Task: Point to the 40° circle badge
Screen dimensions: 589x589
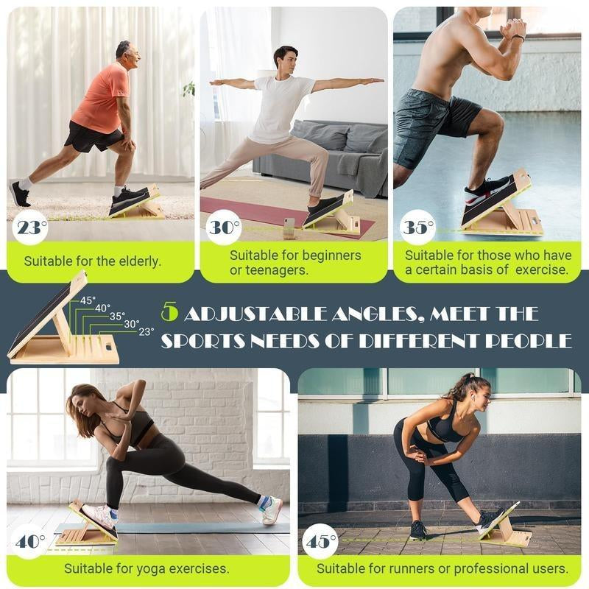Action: (30, 542)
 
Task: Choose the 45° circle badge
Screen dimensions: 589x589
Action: (321, 542)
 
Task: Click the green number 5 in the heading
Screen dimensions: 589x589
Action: (170, 314)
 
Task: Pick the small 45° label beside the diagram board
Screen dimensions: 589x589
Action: (88, 300)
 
